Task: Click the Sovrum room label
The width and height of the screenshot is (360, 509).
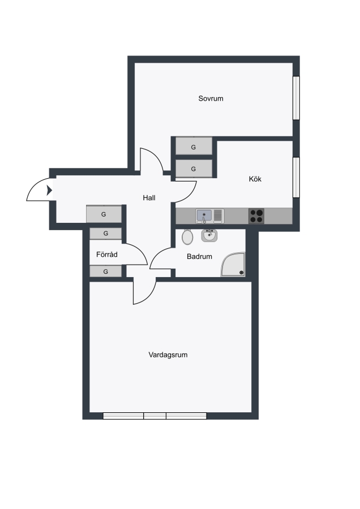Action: [211, 98]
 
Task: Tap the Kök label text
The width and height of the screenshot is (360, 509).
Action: [255, 179]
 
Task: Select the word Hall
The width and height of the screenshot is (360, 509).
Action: [149, 198]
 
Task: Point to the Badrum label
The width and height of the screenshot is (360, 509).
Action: [199, 256]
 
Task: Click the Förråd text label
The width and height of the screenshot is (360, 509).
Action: [106, 254]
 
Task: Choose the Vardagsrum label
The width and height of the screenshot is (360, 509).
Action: [168, 355]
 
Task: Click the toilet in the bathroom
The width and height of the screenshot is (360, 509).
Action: [187, 236]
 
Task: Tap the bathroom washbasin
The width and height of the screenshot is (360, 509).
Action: [209, 235]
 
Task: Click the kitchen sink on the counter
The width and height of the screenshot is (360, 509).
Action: [209, 216]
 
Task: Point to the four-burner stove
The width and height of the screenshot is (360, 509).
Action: [256, 216]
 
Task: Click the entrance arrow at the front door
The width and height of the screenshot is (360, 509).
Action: [49, 190]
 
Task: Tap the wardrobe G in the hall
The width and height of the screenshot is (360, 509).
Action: [104, 214]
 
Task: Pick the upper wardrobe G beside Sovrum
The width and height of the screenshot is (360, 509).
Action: [194, 146]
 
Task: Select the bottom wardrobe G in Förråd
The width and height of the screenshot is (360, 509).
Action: [106, 271]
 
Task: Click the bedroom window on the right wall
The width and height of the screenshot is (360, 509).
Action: [296, 98]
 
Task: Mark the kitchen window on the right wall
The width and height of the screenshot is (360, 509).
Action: [296, 177]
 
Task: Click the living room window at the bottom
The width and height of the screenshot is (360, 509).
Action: [155, 416]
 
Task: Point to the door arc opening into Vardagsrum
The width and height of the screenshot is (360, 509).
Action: [149, 297]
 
